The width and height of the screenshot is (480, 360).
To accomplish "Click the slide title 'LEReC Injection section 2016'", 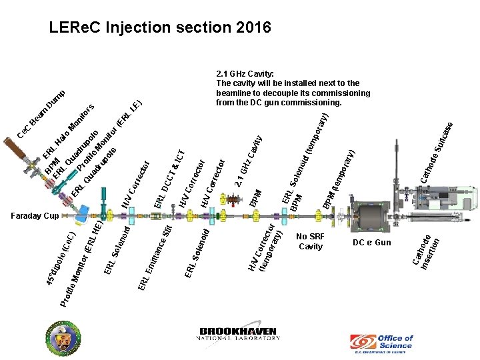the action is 160,28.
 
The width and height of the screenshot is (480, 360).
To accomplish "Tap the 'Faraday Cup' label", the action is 35,216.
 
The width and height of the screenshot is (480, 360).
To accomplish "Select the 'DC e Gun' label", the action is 371,242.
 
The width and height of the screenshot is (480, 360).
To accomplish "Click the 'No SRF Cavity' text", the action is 311,241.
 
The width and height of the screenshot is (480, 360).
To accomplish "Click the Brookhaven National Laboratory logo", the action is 240,334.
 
